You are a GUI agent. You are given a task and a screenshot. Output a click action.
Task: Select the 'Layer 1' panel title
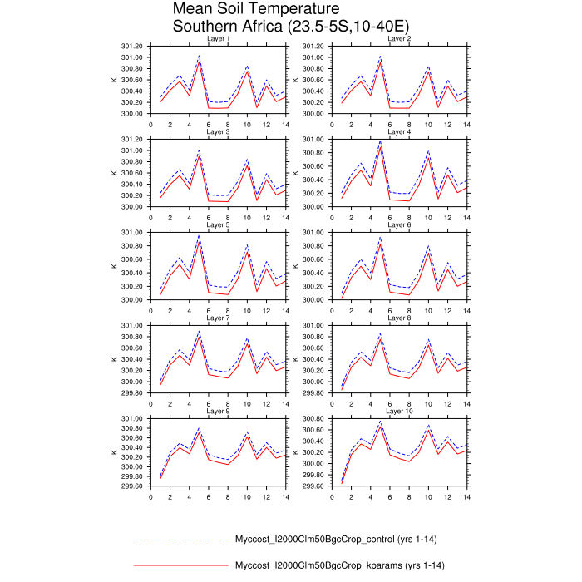tap(218, 39)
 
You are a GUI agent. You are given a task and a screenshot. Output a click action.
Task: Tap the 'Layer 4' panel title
tap(399, 132)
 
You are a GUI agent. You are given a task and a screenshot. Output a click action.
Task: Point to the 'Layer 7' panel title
tap(218, 318)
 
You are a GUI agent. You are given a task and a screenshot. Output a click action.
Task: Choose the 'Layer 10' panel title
tap(399, 412)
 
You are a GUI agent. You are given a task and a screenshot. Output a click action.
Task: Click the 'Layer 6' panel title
tap(399, 225)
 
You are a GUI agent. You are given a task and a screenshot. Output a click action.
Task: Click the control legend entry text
tap(336, 539)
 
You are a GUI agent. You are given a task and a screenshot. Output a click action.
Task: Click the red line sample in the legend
tap(180, 566)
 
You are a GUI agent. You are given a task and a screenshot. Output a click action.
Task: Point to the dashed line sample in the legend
tap(180, 539)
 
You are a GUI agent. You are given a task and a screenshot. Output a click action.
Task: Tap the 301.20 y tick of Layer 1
tap(133, 47)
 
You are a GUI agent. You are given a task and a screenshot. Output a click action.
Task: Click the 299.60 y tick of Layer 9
tap(133, 486)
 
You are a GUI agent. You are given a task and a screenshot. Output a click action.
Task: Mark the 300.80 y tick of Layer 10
tap(314, 419)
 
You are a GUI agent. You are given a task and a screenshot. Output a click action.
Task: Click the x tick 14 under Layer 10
tap(466, 497)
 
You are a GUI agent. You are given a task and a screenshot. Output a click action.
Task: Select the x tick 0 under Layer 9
tap(150, 497)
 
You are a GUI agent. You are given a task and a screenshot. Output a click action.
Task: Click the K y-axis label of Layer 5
tap(113, 266)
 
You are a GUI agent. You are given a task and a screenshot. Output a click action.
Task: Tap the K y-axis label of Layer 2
tap(295, 80)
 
